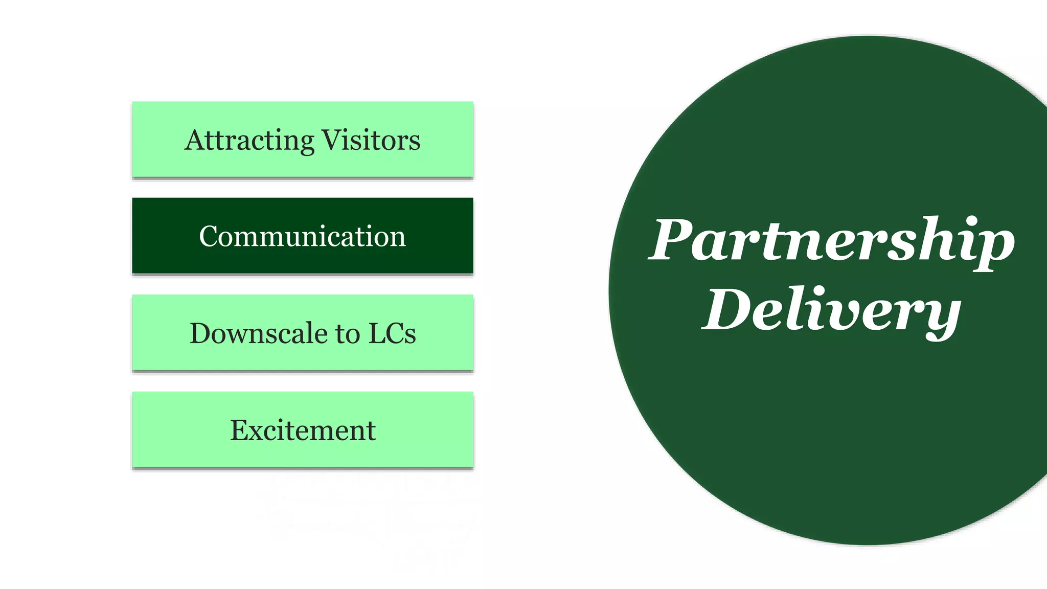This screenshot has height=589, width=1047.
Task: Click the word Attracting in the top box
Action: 249,140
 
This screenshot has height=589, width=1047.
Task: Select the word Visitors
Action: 371,140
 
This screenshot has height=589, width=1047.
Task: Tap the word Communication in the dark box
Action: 302,236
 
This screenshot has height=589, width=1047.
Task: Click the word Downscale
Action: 259,333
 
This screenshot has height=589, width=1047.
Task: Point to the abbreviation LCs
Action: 392,333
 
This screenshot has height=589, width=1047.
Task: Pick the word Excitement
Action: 303,430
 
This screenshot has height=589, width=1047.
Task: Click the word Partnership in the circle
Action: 832,240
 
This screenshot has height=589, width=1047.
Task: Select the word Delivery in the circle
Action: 832,310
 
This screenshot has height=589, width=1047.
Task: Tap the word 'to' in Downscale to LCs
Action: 348,334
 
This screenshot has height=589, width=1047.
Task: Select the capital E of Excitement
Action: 239,430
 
